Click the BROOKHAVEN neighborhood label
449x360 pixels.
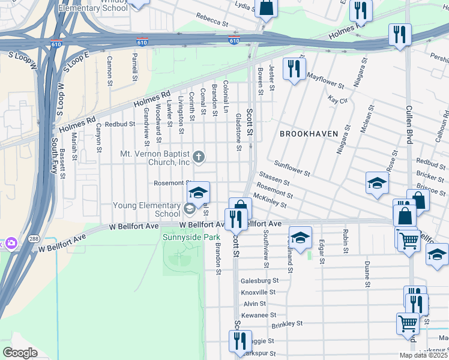click(309, 133)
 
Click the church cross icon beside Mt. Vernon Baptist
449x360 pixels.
click(199, 158)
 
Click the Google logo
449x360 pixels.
click(20, 353)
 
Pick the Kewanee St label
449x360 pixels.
click(258, 315)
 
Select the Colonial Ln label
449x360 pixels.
click(226, 97)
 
